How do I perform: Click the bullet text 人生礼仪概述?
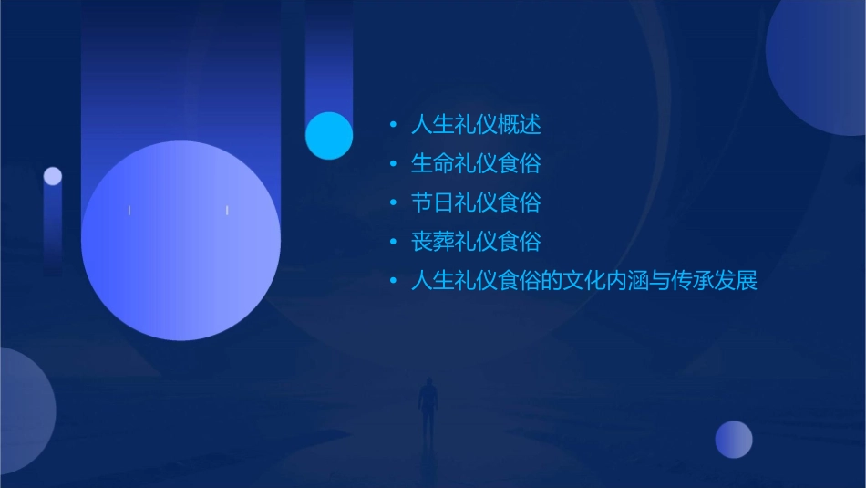point(476,124)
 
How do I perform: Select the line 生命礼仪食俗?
point(476,163)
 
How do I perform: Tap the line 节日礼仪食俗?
point(476,202)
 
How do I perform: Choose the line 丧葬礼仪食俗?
point(476,242)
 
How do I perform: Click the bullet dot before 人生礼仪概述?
point(393,125)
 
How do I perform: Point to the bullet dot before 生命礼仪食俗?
point(393,164)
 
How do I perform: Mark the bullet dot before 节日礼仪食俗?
point(393,203)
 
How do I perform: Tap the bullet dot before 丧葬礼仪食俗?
point(393,243)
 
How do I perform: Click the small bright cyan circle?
point(329,135)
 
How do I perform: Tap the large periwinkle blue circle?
point(180,241)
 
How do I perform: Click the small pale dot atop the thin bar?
point(53,176)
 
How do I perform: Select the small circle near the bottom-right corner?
point(734,440)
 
